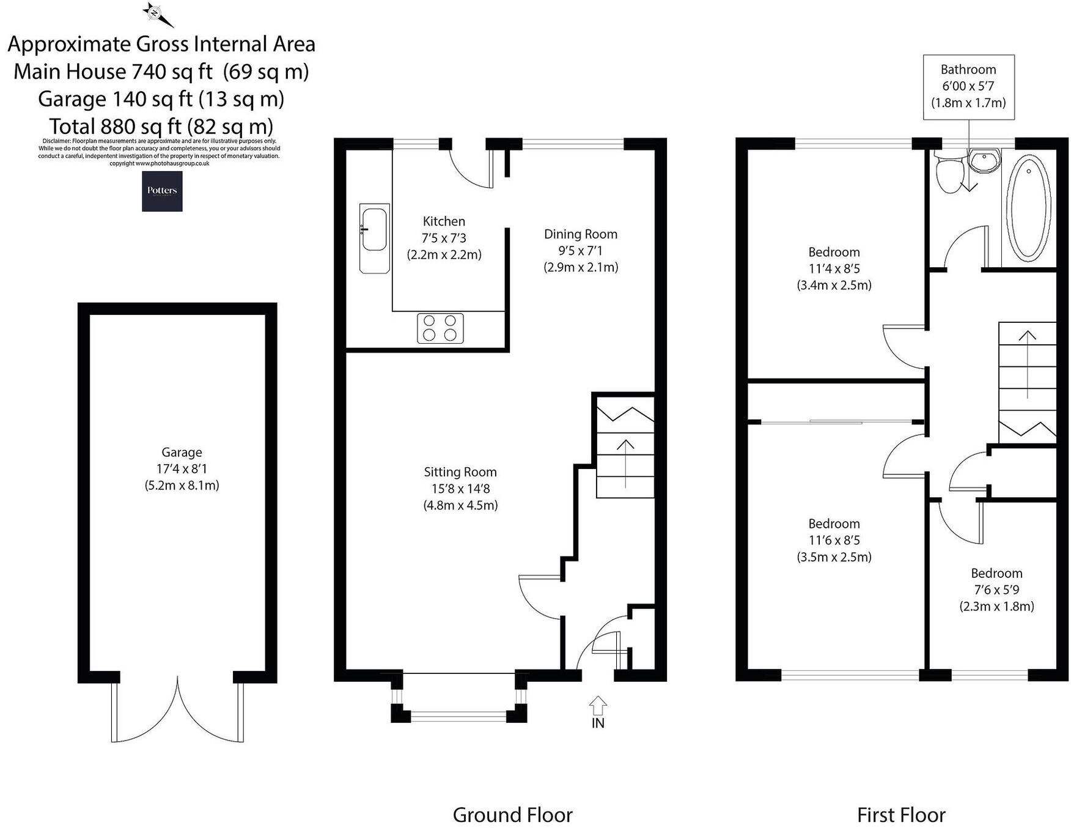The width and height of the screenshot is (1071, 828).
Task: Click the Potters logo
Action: click(162, 191)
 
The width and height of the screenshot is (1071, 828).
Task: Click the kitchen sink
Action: click(374, 230)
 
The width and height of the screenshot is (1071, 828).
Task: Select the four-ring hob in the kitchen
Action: click(440, 328)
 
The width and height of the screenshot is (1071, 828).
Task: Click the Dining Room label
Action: click(580, 234)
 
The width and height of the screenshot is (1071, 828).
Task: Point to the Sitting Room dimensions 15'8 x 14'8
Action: click(460, 489)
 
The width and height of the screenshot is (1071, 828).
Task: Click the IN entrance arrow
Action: click(598, 707)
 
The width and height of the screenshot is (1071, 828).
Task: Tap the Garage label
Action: click(182, 453)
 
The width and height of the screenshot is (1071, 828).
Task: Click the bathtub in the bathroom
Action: click(1028, 205)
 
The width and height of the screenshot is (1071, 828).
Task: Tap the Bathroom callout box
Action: click(968, 86)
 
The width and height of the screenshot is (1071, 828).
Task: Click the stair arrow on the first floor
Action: click(1027, 365)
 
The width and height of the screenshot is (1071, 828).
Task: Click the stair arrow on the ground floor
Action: click(625, 463)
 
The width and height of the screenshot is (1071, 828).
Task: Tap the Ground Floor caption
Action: click(512, 815)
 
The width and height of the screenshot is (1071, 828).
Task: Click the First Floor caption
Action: click(901, 815)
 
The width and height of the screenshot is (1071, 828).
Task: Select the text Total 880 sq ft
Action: click(116, 126)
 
